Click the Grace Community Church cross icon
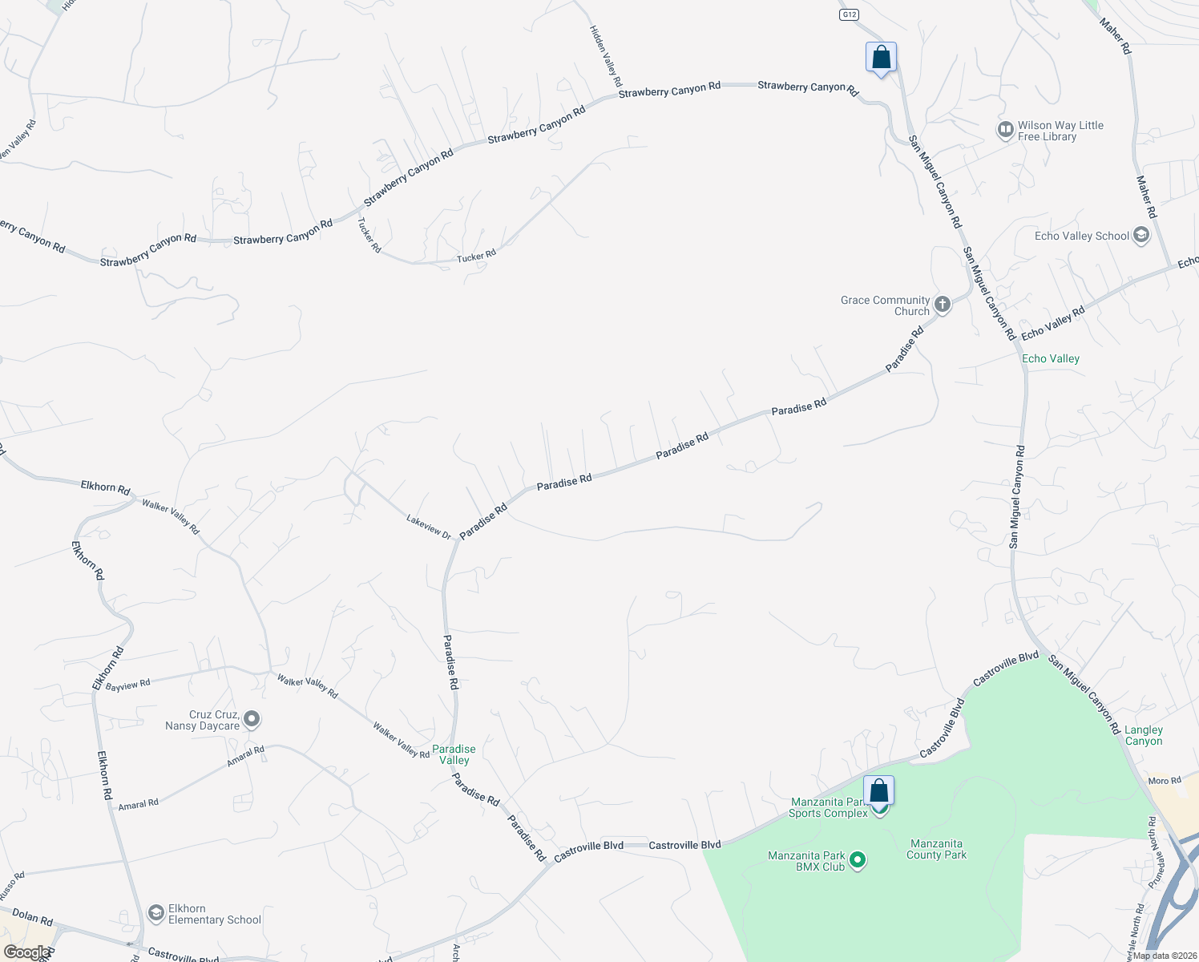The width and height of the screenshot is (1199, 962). coord(943,305)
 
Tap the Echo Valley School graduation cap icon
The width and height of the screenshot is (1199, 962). coord(1141,236)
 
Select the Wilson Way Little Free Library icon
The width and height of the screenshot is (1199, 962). coord(1005,130)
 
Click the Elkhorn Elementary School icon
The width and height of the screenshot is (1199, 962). coord(155,913)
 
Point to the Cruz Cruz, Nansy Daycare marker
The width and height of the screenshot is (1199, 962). coord(252,719)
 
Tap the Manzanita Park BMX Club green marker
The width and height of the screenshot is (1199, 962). coord(858,861)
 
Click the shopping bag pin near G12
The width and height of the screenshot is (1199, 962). coord(881,58)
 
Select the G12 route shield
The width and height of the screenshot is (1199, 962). coord(849,15)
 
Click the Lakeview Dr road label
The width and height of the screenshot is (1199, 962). coord(429,526)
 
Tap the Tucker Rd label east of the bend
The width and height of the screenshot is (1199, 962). coord(477,257)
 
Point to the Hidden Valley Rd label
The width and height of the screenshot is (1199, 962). coord(606,55)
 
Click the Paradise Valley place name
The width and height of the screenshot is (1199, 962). coord(454,754)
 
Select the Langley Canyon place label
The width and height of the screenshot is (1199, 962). coord(1144,735)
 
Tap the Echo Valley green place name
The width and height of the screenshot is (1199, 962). coord(1051,358)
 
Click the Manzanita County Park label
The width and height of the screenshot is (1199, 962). coord(936,849)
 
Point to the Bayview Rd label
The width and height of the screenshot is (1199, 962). coord(128,685)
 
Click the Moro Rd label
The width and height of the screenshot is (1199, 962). coord(1165,781)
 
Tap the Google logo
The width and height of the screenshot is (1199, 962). coord(27,952)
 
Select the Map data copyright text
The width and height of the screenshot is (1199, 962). coord(1162,956)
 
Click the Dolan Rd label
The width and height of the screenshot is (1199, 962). coord(33,917)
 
